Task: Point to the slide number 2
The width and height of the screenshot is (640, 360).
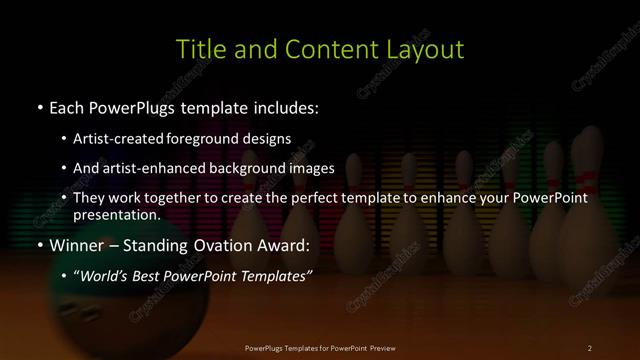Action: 590,347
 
